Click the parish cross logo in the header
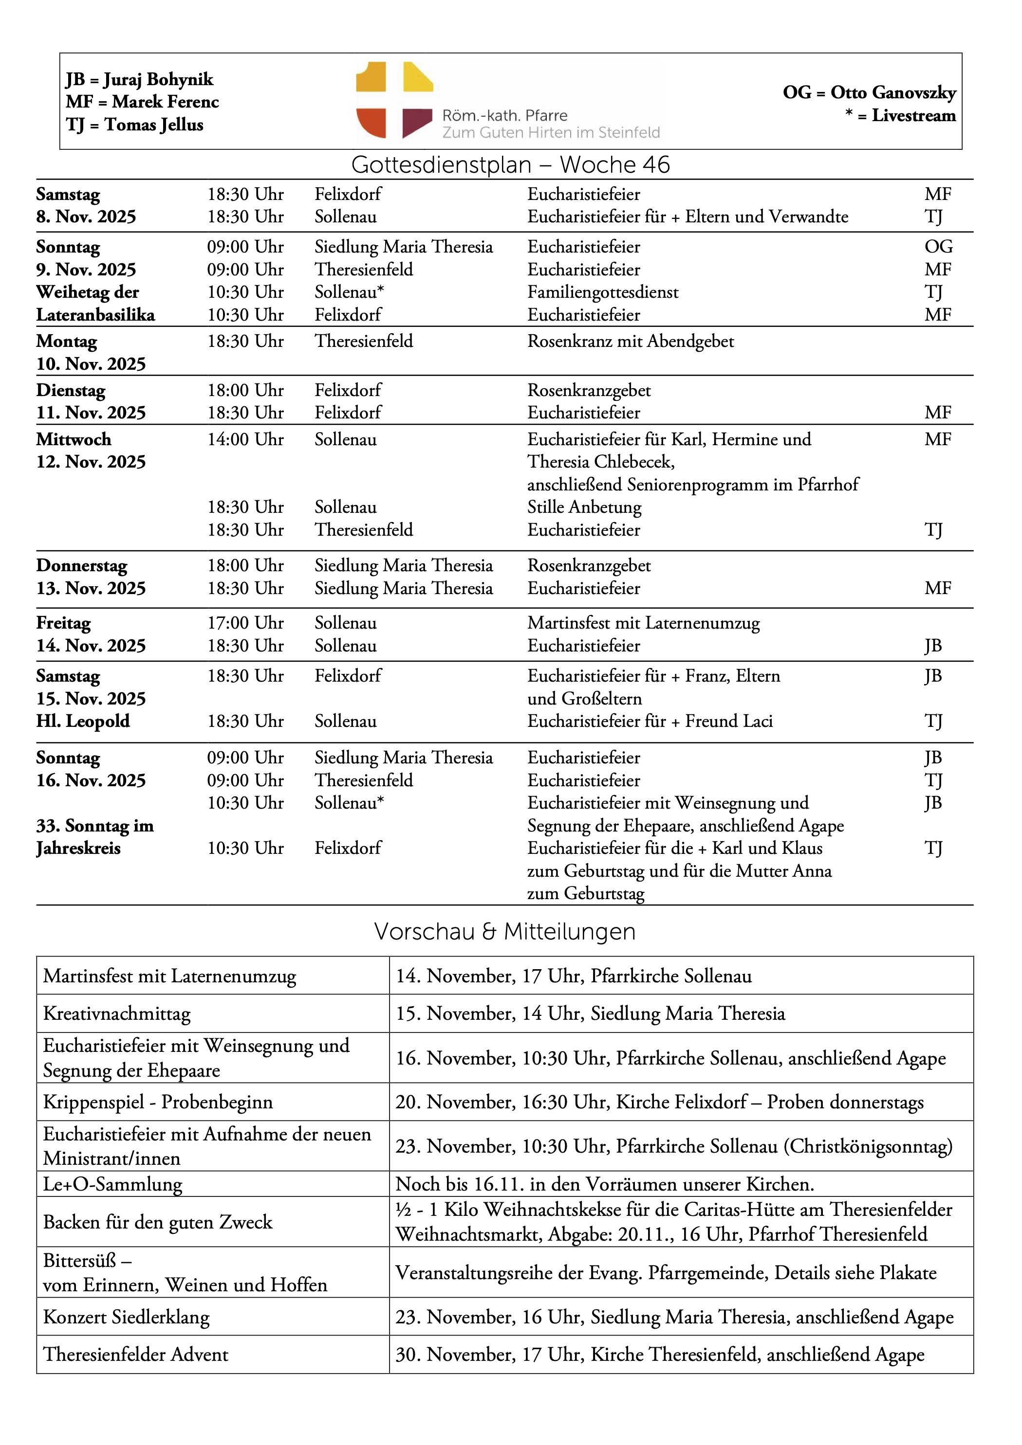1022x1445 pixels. tap(394, 100)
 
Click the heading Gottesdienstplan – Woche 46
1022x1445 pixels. tap(510, 165)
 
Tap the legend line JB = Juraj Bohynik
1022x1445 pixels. tap(139, 79)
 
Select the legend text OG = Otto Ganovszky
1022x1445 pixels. tap(869, 92)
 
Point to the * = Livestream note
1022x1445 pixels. tap(900, 116)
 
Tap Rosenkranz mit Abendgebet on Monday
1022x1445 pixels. tap(631, 342)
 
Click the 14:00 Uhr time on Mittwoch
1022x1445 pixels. tap(245, 440)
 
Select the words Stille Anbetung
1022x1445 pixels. tap(584, 507)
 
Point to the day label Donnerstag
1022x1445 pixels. tap(82, 566)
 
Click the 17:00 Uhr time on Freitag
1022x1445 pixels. tap(245, 623)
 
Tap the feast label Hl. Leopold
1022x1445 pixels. tap(83, 721)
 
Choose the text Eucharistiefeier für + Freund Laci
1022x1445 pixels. tap(650, 721)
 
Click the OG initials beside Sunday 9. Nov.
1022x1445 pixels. tap(938, 247)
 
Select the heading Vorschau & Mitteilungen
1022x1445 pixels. tap(504, 931)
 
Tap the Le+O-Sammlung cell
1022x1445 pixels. tap(112, 1184)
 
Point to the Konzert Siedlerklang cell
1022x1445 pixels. tap(127, 1317)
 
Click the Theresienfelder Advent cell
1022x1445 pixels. tap(135, 1355)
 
